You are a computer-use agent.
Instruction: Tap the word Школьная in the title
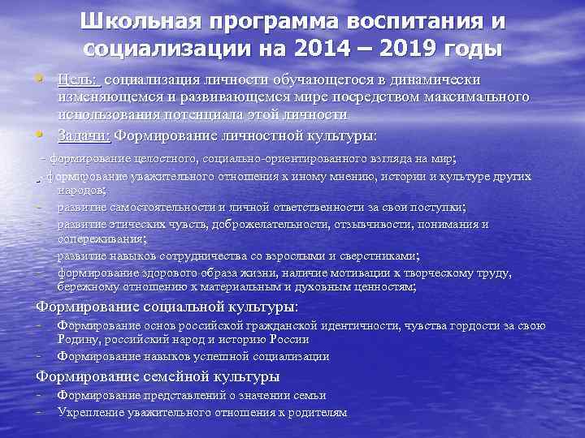[x=140, y=21]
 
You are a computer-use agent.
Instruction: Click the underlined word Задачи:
[x=85, y=135]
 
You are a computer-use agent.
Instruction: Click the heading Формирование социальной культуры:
[x=167, y=307]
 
